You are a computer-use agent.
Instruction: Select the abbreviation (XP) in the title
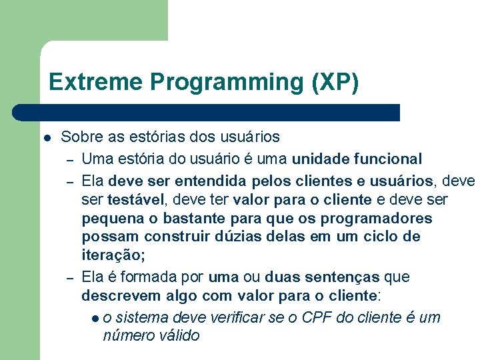click(x=335, y=82)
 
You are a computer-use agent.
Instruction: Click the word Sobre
click(x=79, y=137)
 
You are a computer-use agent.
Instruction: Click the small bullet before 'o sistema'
click(x=97, y=318)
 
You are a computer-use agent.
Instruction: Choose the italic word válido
click(x=175, y=335)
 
